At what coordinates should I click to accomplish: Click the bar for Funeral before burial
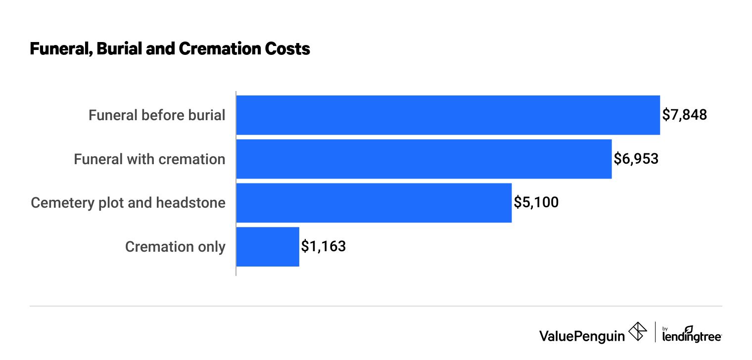click(x=448, y=115)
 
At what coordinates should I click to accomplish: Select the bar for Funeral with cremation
click(x=423, y=159)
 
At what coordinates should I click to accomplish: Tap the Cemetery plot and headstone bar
click(x=374, y=203)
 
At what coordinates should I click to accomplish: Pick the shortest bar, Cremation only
click(x=268, y=247)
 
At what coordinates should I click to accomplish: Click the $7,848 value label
click(x=685, y=115)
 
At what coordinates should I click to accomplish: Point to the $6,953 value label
click(x=636, y=159)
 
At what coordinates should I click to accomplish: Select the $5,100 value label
click(x=536, y=203)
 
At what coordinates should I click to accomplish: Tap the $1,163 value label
click(x=324, y=247)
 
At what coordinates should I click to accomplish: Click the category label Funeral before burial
click(x=157, y=115)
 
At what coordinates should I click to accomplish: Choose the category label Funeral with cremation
click(x=149, y=159)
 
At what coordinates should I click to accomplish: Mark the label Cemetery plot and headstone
click(x=128, y=203)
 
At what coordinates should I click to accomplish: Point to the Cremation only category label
click(x=175, y=247)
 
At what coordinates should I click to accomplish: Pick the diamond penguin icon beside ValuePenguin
click(x=637, y=332)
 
